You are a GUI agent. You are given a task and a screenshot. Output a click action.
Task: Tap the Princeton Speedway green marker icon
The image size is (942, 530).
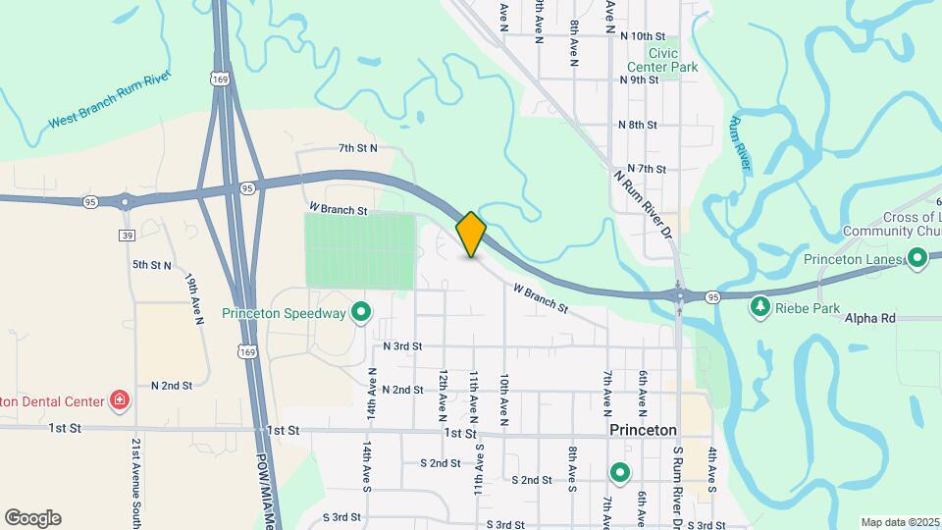[x=361, y=314]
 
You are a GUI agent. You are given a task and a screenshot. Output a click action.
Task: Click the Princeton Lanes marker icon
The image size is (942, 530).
[x=917, y=259]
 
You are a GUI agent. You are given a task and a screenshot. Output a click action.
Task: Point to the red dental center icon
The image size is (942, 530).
[x=119, y=399]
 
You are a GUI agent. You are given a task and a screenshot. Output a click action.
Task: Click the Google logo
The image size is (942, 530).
[x=32, y=518]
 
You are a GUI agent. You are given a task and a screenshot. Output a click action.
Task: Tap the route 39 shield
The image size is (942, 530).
[x=127, y=235]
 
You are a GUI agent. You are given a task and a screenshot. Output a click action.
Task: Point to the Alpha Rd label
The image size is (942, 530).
[x=868, y=318]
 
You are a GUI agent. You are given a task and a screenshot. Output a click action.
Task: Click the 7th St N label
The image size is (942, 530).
[x=357, y=148]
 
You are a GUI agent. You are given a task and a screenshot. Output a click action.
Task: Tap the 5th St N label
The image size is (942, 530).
[x=152, y=265]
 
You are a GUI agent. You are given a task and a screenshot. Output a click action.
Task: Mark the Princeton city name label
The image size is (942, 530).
[x=643, y=430]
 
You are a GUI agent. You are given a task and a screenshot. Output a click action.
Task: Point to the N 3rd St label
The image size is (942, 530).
[x=402, y=345]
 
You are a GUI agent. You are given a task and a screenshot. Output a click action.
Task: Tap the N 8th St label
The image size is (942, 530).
[x=638, y=125]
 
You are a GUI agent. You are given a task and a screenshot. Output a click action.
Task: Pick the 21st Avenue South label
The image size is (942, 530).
[x=135, y=481]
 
